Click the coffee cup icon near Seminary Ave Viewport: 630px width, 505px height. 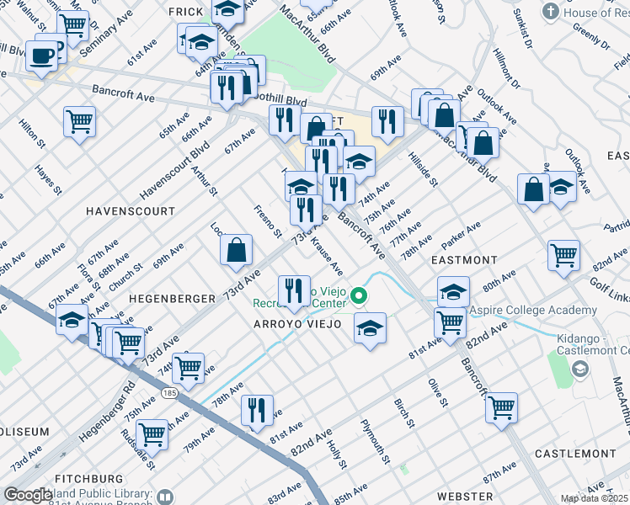point(40,56)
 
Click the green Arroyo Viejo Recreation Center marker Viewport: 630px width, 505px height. point(360,295)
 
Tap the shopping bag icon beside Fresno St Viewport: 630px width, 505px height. point(237,249)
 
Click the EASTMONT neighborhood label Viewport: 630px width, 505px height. point(462,261)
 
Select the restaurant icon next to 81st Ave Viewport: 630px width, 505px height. point(257,410)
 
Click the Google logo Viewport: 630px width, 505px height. point(28,495)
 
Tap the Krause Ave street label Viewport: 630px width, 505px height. point(327,256)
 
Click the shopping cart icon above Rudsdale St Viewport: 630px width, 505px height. point(152,433)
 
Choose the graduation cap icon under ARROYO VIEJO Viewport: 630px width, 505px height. point(370,327)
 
